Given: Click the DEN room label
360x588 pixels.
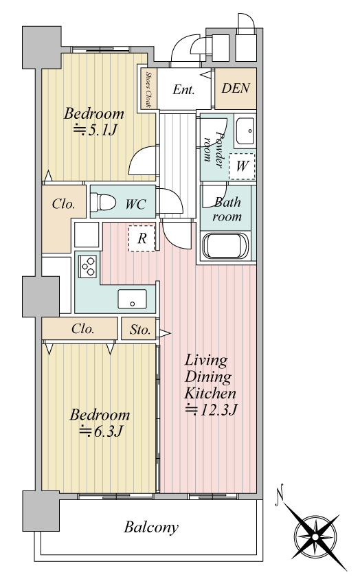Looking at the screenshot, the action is click(x=236, y=88).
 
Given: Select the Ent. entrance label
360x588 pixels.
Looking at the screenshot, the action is click(x=183, y=89).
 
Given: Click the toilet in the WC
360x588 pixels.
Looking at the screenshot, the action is click(x=103, y=202).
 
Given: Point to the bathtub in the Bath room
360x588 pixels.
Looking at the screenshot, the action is click(x=225, y=245).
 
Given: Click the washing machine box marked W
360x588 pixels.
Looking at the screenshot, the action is click(x=242, y=166).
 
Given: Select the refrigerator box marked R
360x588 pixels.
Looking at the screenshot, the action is click(x=142, y=238).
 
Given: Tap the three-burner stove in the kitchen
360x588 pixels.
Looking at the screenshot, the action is click(x=88, y=266).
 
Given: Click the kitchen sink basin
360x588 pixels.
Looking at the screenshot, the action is click(x=132, y=299).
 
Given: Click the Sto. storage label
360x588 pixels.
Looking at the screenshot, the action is click(x=140, y=330).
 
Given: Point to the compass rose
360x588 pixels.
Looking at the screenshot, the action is click(x=315, y=537).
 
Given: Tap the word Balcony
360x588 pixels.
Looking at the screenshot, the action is click(x=151, y=528).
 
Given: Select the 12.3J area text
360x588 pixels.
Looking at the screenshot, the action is click(x=211, y=410).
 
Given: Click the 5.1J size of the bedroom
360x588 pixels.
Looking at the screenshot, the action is click(x=95, y=130).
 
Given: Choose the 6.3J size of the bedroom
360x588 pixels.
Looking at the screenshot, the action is click(x=101, y=431).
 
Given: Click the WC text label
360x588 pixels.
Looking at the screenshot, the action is click(x=135, y=205).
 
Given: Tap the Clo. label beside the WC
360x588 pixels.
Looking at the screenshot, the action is click(x=63, y=204).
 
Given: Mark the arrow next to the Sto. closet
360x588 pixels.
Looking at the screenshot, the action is click(x=165, y=333).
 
